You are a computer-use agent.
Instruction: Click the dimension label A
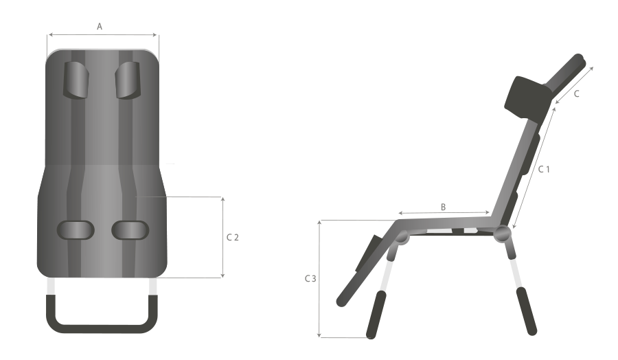click(x=100, y=26)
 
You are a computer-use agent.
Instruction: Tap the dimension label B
click(x=443, y=207)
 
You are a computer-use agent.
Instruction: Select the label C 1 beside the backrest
click(x=544, y=169)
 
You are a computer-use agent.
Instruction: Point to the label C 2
click(x=233, y=238)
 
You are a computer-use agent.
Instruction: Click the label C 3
click(x=310, y=279)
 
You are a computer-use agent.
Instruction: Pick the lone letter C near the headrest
click(x=576, y=94)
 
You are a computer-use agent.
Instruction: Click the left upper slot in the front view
click(x=76, y=80)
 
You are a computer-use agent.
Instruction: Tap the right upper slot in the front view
click(x=128, y=80)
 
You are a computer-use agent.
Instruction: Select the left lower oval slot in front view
click(x=76, y=230)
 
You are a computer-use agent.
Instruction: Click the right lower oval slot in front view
click(x=130, y=230)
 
